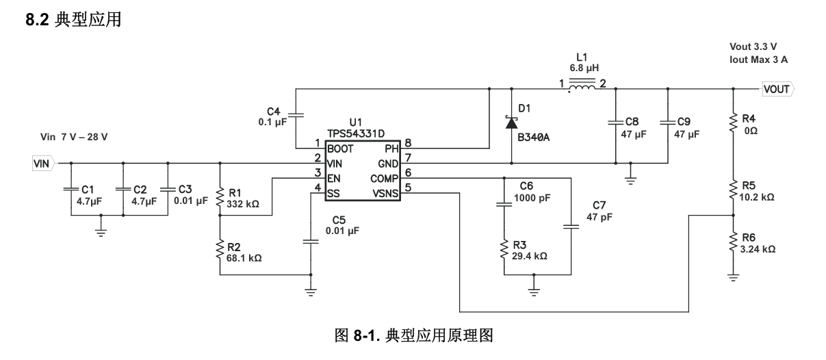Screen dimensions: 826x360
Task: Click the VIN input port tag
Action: pyautogui.click(x=44, y=164)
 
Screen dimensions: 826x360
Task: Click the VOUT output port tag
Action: pyautogui.click(x=778, y=89)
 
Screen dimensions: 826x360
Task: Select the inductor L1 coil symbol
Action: pyautogui.click(x=582, y=85)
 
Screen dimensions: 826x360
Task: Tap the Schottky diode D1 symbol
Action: pyautogui.click(x=511, y=123)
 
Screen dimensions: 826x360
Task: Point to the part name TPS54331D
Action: pyautogui.click(x=356, y=133)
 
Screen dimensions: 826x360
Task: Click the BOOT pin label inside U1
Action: pyautogui.click(x=340, y=149)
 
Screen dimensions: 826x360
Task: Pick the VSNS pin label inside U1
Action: pyautogui.click(x=385, y=194)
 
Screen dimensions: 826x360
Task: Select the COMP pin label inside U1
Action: pyautogui.click(x=384, y=179)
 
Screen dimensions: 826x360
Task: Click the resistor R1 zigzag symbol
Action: pyautogui.click(x=220, y=197)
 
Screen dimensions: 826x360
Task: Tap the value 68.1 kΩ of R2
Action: pyautogui.click(x=244, y=258)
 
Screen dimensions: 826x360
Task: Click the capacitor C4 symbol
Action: pyautogui.click(x=296, y=115)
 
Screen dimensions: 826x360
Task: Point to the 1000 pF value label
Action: pyautogui.click(x=532, y=198)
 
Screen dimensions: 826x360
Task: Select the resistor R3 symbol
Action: pyautogui.click(x=504, y=250)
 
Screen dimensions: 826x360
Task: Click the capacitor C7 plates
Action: pyautogui.click(x=571, y=227)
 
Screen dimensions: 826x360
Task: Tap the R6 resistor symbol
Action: pyautogui.click(x=733, y=242)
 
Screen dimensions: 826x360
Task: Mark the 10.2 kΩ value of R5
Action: pyautogui.click(x=757, y=197)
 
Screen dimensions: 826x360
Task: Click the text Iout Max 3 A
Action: pyautogui.click(x=758, y=60)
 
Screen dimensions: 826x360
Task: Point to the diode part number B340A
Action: pyautogui.click(x=533, y=138)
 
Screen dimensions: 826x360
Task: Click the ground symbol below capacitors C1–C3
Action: pyautogui.click(x=101, y=232)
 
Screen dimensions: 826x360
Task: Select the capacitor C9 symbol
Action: pyautogui.click(x=668, y=122)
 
